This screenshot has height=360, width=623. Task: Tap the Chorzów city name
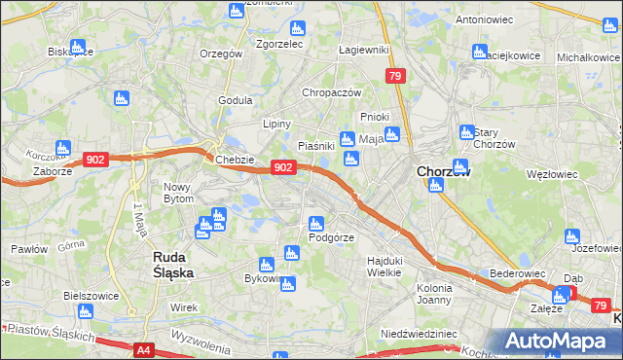tap(444, 171)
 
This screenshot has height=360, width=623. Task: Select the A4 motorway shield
tap(144, 349)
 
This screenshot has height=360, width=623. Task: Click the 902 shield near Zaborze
tap(95, 159)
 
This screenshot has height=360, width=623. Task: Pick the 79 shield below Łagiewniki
tap(394, 75)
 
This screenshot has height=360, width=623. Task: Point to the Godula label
tap(236, 100)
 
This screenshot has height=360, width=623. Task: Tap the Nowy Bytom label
tap(179, 193)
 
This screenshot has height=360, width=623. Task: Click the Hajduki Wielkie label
tap(385, 266)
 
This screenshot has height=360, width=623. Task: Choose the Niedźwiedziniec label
tap(419, 333)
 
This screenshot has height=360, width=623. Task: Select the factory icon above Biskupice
tap(77, 46)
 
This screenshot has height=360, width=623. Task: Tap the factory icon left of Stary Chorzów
tap(466, 131)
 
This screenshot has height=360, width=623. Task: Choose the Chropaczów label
tap(332, 92)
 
